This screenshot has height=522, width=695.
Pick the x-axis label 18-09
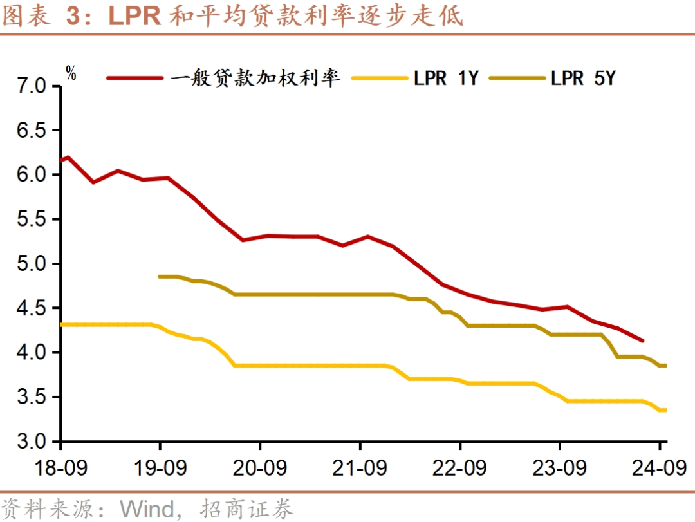pyautogui.click(x=60, y=468)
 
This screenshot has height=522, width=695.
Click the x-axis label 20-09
pyautogui.click(x=259, y=468)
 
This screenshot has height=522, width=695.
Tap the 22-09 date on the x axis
pyautogui.click(x=459, y=468)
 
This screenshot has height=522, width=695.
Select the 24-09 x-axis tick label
pyautogui.click(x=659, y=468)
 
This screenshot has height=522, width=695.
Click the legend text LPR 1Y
pyautogui.click(x=446, y=79)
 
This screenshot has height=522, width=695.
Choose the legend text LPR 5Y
pyautogui.click(x=583, y=79)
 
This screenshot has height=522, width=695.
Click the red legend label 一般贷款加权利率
pyautogui.click(x=255, y=79)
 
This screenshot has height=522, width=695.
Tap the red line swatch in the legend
pyautogui.click(x=134, y=79)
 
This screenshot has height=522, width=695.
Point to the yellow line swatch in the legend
pyautogui.click(x=380, y=79)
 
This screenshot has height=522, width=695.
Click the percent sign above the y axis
pyautogui.click(x=71, y=73)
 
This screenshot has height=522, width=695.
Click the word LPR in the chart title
pyautogui.click(x=134, y=17)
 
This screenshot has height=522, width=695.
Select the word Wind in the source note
pyautogui.click(x=147, y=508)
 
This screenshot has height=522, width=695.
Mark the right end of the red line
pyautogui.click(x=642, y=340)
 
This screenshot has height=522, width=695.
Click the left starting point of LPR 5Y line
pyautogui.click(x=160, y=277)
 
